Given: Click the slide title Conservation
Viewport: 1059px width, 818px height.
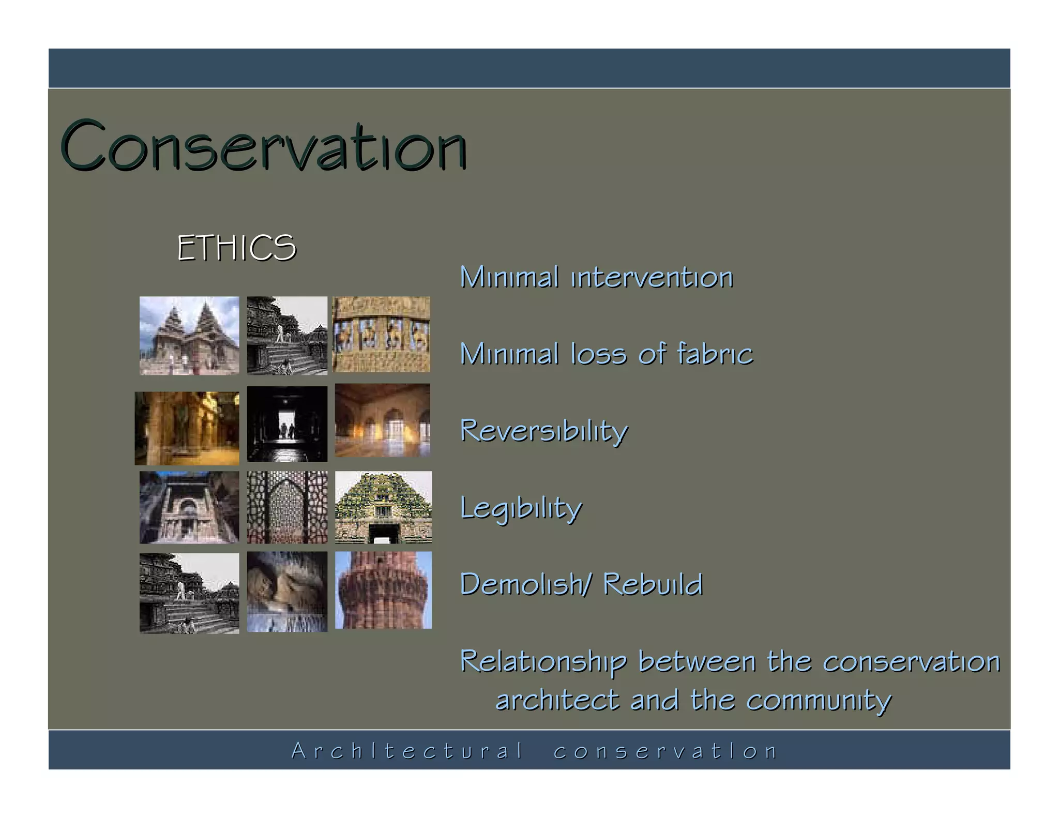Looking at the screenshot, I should click(264, 146).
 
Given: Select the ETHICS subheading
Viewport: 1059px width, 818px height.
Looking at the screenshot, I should click(236, 248).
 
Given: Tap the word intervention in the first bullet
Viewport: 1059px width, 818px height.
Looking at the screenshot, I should click(652, 278).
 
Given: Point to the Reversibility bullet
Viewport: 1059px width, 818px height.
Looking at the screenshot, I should click(543, 431).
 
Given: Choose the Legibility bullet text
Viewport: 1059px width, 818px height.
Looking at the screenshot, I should click(521, 508).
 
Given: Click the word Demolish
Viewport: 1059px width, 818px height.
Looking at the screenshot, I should click(523, 585).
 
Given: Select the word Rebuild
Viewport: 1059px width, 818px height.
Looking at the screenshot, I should click(653, 585).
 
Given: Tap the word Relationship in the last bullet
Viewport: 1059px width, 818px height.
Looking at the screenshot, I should click(543, 662).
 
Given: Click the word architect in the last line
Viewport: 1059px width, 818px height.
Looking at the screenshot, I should click(557, 701).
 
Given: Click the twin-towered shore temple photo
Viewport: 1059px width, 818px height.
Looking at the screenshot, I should click(189, 335).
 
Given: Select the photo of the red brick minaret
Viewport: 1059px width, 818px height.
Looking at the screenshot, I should click(383, 590).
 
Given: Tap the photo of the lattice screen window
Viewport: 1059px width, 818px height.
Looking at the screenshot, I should click(287, 507).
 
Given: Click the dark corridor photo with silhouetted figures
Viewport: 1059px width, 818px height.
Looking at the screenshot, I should click(287, 423).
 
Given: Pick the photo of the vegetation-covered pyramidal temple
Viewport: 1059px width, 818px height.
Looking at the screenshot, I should click(383, 507).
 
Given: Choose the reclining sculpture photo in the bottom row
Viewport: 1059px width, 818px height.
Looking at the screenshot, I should click(287, 591).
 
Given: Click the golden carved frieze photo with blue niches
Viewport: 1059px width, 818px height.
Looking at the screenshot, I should click(381, 334).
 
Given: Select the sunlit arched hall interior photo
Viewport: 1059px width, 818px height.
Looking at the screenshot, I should click(382, 420).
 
